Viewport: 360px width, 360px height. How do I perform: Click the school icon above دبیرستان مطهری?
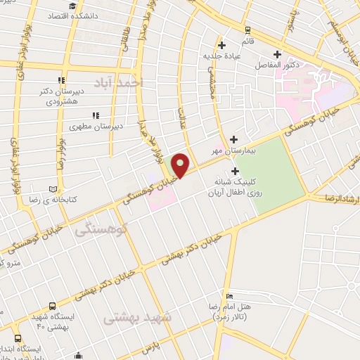tap(95, 116)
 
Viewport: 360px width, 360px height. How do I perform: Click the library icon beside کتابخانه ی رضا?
tap(53, 188)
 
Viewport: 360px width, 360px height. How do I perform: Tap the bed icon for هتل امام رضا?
tap(229, 296)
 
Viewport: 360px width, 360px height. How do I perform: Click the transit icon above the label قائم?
tap(247, 30)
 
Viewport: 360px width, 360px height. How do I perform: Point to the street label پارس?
tap(147, 349)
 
